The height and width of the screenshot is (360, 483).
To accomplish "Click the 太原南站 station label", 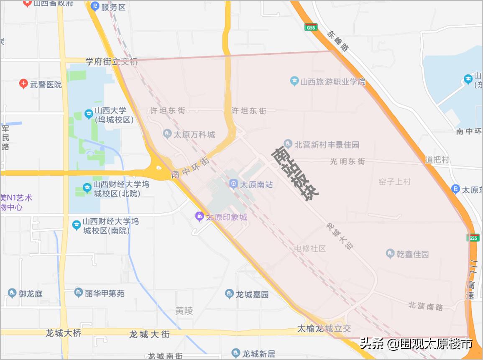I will [x=256, y=184].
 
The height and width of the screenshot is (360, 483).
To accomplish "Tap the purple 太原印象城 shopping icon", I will [x=199, y=216].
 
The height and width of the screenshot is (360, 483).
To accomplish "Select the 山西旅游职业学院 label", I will [x=332, y=82].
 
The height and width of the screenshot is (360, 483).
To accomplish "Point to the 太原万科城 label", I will [x=194, y=135].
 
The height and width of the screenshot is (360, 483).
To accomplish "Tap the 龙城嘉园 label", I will [x=252, y=294].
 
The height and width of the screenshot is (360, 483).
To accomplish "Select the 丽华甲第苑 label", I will [x=105, y=294].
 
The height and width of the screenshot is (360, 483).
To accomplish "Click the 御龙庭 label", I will [x=30, y=294].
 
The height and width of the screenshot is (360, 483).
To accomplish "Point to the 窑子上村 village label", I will [x=395, y=182].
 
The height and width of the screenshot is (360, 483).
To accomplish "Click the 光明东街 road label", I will [x=348, y=161].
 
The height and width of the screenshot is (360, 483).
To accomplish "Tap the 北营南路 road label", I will [x=426, y=306].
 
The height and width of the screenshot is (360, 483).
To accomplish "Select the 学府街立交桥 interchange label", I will [x=112, y=62].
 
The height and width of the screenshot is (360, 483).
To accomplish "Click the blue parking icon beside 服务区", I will [x=95, y=7].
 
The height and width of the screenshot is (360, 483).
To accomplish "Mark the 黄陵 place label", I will [x=184, y=311].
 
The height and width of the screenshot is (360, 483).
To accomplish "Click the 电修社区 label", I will [x=310, y=248].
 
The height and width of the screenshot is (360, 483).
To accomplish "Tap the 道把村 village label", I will [x=437, y=160].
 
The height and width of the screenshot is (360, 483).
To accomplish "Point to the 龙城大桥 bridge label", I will [x=63, y=333].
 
